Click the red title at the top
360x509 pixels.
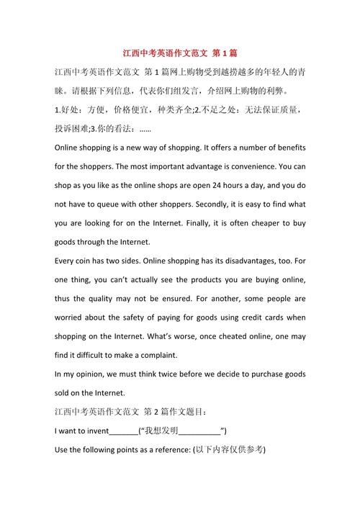click(179, 53)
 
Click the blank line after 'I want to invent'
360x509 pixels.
click(122, 432)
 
